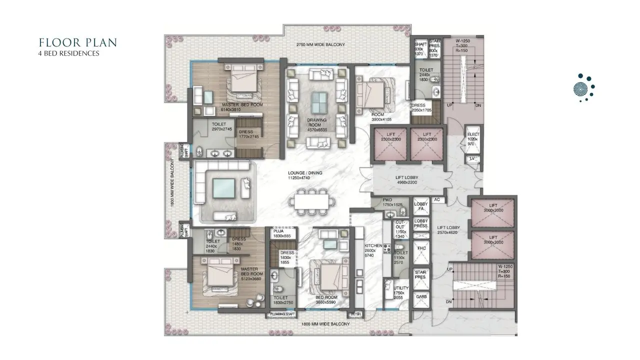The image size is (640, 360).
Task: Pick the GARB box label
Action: tap(421, 297)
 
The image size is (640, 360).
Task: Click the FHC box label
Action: tap(421, 248)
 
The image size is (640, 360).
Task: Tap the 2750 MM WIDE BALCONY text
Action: tap(320, 45)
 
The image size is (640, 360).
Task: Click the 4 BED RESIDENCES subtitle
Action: tap(68, 53)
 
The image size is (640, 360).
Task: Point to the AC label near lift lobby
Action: tap(436, 199)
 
